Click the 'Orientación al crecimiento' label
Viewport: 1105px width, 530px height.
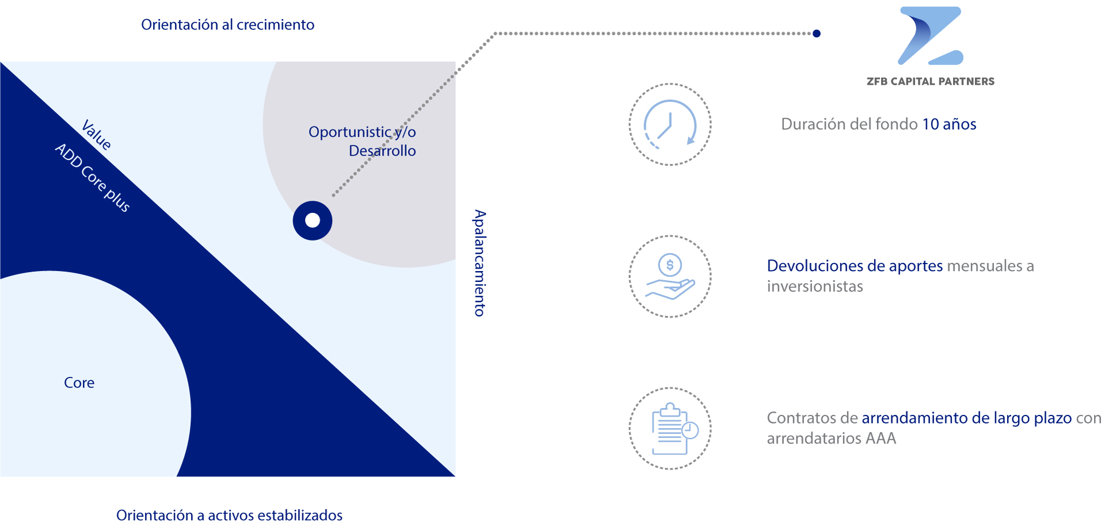pyautogui.click(x=228, y=25)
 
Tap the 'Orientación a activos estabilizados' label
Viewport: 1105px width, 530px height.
pyautogui.click(x=229, y=515)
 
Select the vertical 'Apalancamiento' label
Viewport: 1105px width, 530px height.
pyautogui.click(x=479, y=263)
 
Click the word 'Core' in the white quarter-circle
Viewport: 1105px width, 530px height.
pyautogui.click(x=79, y=383)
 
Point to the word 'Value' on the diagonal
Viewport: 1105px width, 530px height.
pyautogui.click(x=97, y=135)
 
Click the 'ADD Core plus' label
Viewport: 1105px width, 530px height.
pyautogui.click(x=93, y=178)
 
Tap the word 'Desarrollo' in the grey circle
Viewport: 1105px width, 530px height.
pyautogui.click(x=382, y=151)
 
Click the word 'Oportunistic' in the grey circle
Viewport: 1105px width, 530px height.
pyautogui.click(x=350, y=132)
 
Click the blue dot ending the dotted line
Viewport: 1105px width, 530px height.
pyautogui.click(x=817, y=33)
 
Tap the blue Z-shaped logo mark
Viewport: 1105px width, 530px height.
pyautogui.click(x=931, y=36)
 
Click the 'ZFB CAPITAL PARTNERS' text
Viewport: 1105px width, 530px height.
pyautogui.click(x=931, y=82)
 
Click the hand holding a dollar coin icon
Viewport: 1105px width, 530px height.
pyautogui.click(x=670, y=276)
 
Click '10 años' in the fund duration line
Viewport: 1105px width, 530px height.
pyautogui.click(x=950, y=124)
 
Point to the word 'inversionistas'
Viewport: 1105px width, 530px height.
pyautogui.click(x=815, y=287)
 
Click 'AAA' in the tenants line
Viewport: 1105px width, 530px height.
pyautogui.click(x=881, y=439)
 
